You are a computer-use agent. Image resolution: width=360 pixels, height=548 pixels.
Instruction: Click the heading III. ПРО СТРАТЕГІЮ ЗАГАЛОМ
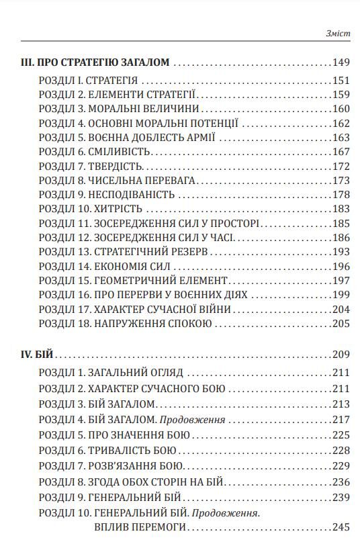[x=95, y=63]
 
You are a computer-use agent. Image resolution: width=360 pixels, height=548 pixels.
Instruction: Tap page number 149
[x=341, y=63]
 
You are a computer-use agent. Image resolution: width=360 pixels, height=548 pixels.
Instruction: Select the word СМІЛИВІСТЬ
[x=122, y=151]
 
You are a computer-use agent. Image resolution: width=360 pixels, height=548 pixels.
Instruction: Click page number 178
[x=341, y=195]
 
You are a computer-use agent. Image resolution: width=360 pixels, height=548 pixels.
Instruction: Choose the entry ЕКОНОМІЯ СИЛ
[x=132, y=267]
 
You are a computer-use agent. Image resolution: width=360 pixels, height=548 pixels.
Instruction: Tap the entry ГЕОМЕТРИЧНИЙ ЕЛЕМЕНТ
[x=159, y=281]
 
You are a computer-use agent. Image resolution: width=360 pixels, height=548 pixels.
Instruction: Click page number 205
[x=341, y=324]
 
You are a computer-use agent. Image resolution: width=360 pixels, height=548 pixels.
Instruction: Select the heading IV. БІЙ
[x=38, y=355]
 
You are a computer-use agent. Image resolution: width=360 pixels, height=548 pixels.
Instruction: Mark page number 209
[x=341, y=355]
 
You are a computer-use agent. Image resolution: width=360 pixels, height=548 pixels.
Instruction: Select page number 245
[x=341, y=528]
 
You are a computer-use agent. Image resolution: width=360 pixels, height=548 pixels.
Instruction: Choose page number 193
[x=341, y=252]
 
